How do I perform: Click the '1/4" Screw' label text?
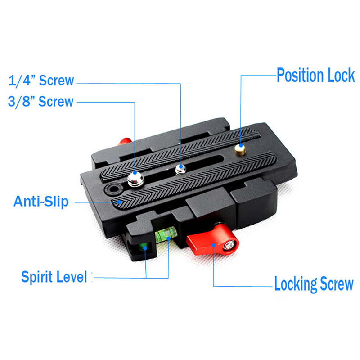[x=41, y=81]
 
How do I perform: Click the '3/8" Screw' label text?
[x=40, y=102]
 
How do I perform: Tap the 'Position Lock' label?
[x=316, y=75]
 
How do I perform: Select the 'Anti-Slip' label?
[x=41, y=202]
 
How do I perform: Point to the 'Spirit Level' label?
[x=54, y=277]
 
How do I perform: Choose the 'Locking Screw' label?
[x=314, y=284]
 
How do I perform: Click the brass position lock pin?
[x=240, y=149]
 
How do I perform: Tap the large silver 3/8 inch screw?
[x=135, y=179]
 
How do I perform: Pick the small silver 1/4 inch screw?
[x=181, y=170]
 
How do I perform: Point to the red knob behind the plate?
[x=125, y=141]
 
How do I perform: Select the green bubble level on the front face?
[x=166, y=234]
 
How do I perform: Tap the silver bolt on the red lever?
[x=229, y=245]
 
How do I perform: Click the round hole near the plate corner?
[x=113, y=189]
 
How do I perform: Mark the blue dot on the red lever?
[x=213, y=245]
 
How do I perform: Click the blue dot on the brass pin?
[x=241, y=145]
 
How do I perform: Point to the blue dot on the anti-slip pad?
[x=119, y=202]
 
